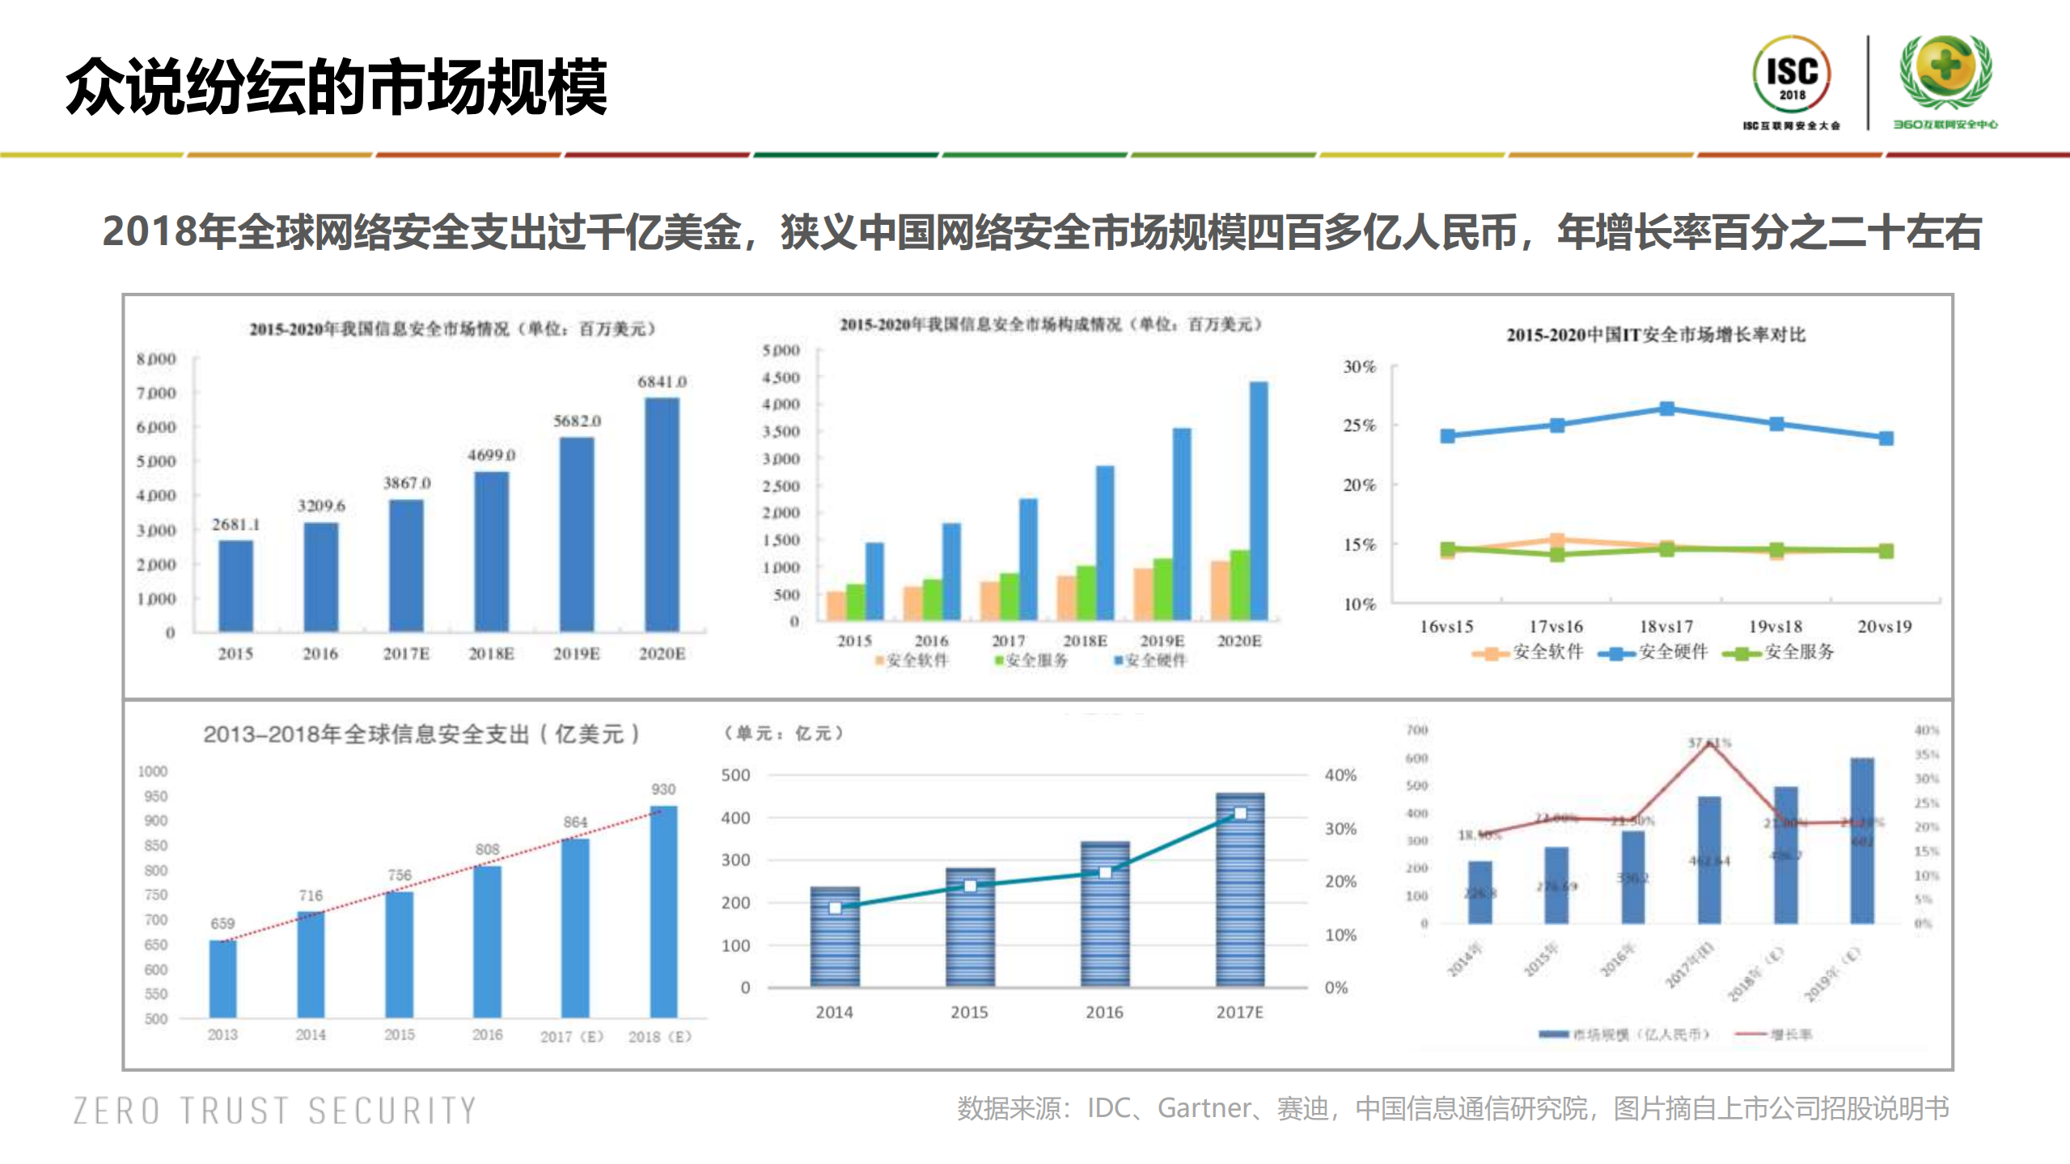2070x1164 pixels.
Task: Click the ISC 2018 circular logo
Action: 1791,75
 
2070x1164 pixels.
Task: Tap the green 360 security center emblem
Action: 1945,73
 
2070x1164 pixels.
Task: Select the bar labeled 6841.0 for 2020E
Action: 662,514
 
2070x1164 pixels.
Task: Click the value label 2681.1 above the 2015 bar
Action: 236,524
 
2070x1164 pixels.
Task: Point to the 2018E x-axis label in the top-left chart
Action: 491,654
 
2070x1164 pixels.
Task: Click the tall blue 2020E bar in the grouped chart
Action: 1259,502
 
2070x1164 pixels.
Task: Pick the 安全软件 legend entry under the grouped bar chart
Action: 912,660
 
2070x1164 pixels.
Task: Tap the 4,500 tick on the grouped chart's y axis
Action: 781,378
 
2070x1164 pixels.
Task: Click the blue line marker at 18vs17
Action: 1666,408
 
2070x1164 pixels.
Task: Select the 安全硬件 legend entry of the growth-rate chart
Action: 1654,652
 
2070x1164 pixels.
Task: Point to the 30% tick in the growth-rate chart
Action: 1359,366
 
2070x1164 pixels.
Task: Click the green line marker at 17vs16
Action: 1556,555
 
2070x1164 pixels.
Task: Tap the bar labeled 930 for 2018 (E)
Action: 663,910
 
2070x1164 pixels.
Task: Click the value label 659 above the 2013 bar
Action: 222,923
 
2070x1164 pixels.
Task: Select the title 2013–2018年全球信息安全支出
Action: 421,734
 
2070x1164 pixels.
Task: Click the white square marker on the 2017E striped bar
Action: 1240,813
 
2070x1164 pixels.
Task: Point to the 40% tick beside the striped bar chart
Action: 1340,775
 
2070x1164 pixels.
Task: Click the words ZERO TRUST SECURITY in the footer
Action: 275,1111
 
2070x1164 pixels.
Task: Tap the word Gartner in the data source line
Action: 1204,1107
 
